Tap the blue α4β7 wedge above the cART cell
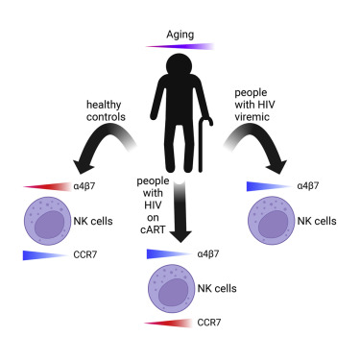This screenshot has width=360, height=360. click(x=167, y=254)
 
